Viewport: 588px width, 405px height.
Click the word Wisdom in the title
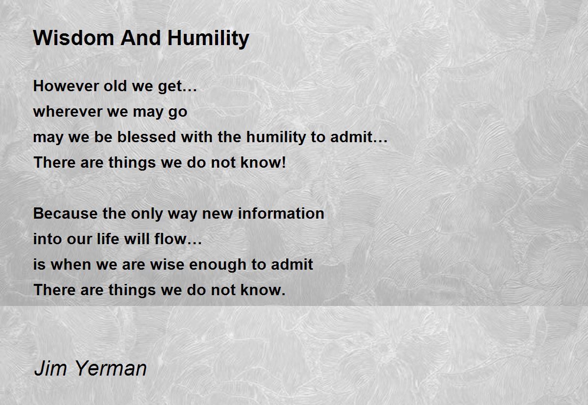[73, 38]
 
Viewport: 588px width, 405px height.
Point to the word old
[115, 86]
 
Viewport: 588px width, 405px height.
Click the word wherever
[68, 112]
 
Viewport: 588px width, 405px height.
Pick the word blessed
[146, 137]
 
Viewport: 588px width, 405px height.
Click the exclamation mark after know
[283, 162]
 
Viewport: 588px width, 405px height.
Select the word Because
[65, 213]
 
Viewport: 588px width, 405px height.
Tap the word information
[281, 213]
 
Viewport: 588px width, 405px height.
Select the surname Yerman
[111, 368]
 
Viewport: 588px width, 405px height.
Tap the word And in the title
[141, 38]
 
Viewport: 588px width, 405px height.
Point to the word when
[71, 264]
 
